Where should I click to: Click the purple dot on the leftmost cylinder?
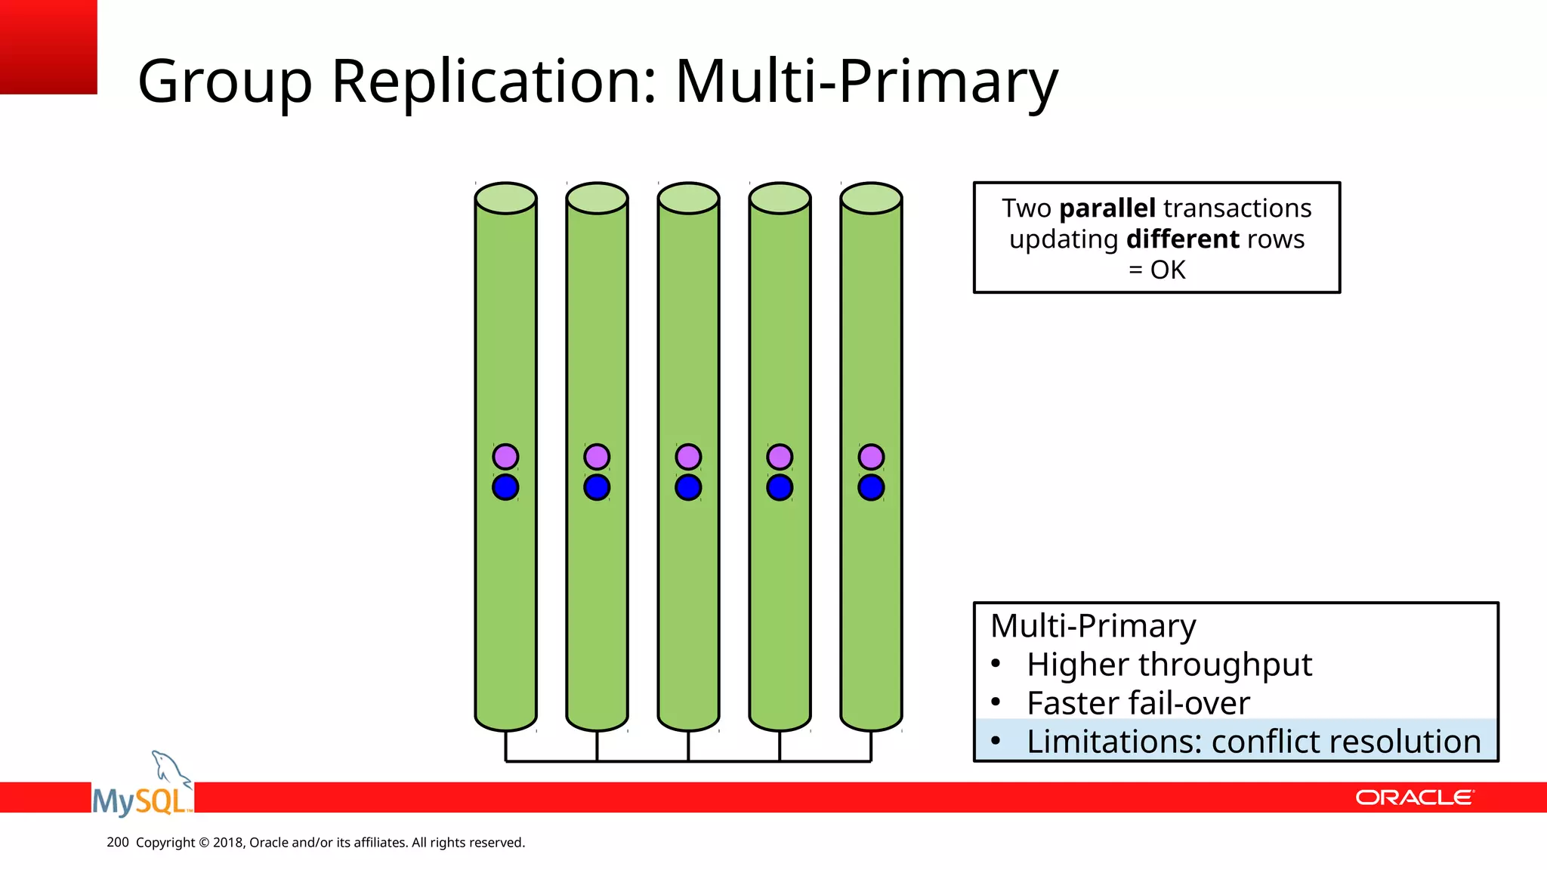[x=505, y=457]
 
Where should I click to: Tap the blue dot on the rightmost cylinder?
[x=871, y=487]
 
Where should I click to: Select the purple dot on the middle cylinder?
[x=688, y=457]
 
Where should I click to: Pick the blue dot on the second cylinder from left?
[x=597, y=487]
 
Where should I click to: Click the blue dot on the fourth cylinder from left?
[x=780, y=487]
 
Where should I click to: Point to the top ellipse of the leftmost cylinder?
[x=505, y=198]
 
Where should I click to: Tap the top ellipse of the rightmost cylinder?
[x=871, y=198]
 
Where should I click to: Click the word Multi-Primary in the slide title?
[x=866, y=82]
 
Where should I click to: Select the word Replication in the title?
[x=494, y=82]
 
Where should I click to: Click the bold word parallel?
[x=1107, y=208]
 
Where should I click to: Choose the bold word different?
[x=1183, y=239]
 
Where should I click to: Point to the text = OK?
[x=1156, y=270]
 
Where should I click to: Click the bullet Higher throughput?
[x=1169, y=665]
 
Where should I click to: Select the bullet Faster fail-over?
[x=1138, y=703]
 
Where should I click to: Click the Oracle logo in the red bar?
[x=1414, y=797]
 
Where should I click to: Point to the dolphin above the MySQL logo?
[x=170, y=769]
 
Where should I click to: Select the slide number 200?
[x=118, y=842]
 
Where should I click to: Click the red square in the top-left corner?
[x=48, y=47]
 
